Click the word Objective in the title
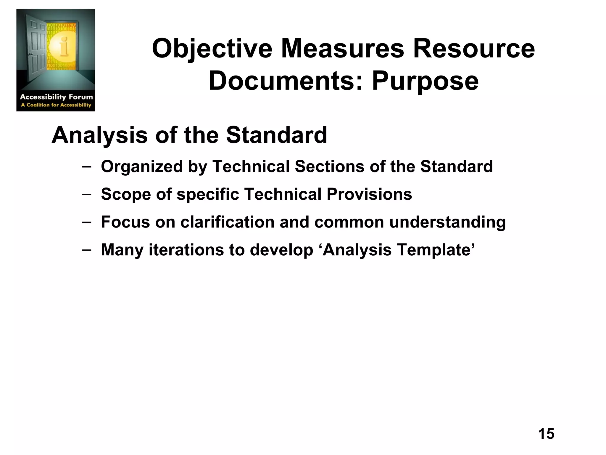pos(212,49)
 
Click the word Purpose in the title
pos(425,81)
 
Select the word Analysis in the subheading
pos(99,135)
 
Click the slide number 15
pos(546,434)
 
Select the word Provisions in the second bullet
pos(369,194)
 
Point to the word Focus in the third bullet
pos(125,222)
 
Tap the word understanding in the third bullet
pos(447,222)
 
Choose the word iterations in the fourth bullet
pos(186,250)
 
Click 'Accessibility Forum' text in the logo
pos(56,97)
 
